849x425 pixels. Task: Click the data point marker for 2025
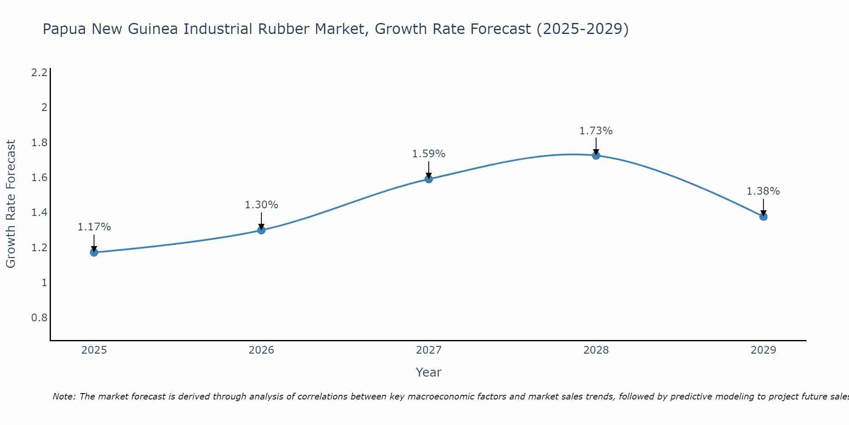coord(94,252)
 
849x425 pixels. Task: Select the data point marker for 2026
coord(261,230)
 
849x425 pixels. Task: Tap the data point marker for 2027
coord(429,179)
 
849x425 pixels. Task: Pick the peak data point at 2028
coord(596,155)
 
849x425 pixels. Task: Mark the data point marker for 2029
coord(763,216)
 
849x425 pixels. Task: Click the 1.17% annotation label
coord(94,227)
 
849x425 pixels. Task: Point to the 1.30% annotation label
coord(261,204)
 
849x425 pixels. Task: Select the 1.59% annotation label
coord(429,153)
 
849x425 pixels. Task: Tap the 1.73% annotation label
coord(596,130)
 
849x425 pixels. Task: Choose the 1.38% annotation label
coord(763,191)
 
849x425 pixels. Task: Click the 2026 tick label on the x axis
coord(261,350)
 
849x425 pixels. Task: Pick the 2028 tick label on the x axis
coord(596,350)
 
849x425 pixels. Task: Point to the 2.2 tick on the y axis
coord(39,72)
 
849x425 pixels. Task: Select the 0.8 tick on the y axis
coord(39,317)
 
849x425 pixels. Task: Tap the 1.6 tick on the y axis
coord(39,177)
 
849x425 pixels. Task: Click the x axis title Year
coord(429,372)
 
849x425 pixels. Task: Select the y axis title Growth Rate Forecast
coord(11,204)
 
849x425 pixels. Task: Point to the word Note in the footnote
coord(64,397)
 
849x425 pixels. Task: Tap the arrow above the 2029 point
coord(763,207)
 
